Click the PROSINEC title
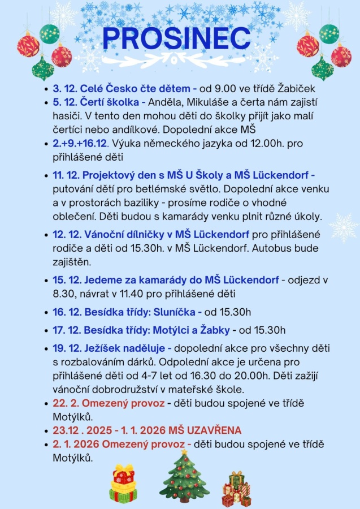pyautogui.click(x=176, y=38)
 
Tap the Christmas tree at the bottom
pyautogui.click(x=184, y=478)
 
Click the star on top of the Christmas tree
pyautogui.click(x=184, y=452)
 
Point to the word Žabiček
pyautogui.click(x=296, y=89)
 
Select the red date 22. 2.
pyautogui.click(x=65, y=403)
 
